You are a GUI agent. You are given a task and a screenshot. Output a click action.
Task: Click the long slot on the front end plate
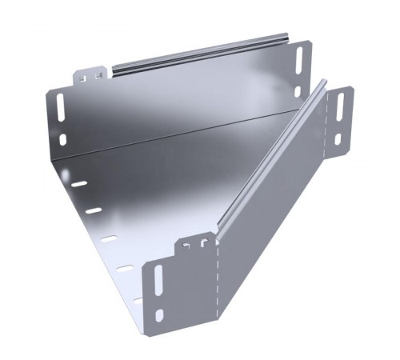[158, 282]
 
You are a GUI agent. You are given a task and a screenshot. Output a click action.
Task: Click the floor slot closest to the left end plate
[80, 183]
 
